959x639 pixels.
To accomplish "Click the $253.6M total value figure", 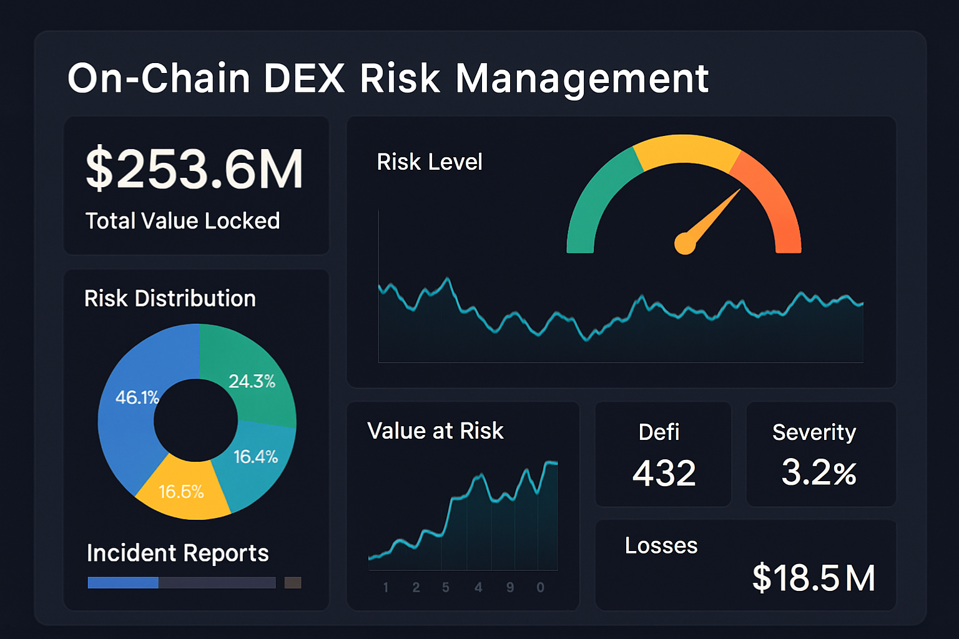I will click(x=194, y=168).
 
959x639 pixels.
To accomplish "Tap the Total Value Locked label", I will click(x=182, y=221).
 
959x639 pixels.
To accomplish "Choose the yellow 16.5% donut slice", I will click(x=181, y=492).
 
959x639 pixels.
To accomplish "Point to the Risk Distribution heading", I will click(x=170, y=298).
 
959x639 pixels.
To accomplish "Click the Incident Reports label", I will click(x=177, y=553).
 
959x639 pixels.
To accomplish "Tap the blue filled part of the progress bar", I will click(x=123, y=583).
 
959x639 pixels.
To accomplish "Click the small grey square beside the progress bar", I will click(x=293, y=583).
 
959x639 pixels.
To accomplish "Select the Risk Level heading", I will click(x=430, y=162).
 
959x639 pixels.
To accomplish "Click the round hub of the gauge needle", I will click(x=685, y=243).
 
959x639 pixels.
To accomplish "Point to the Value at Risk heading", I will click(x=435, y=431).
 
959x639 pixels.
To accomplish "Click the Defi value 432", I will click(x=664, y=473).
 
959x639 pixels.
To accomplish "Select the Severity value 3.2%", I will click(x=819, y=472).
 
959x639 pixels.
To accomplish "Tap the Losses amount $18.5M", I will click(x=814, y=578).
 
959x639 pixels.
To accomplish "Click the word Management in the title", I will click(x=582, y=79).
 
